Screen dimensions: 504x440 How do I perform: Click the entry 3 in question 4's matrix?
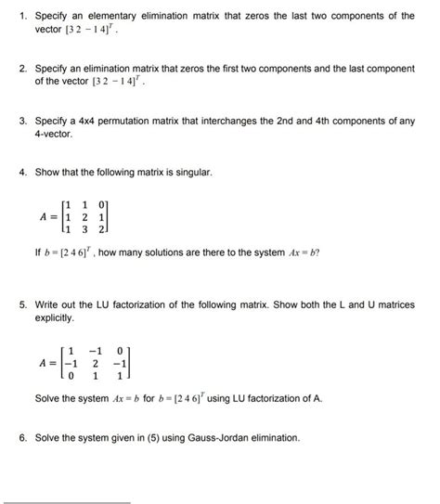(x=85, y=227)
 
